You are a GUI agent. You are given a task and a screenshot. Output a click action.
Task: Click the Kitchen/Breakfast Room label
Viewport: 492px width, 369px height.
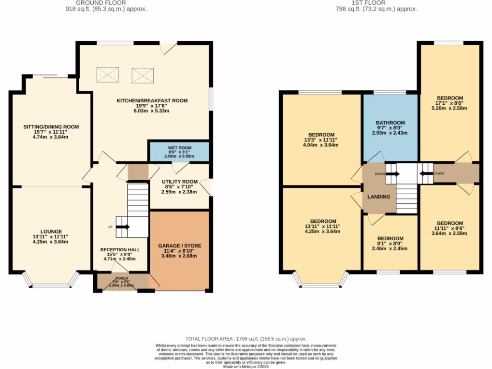152,101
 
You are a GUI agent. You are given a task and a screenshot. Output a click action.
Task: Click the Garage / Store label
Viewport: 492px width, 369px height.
180,246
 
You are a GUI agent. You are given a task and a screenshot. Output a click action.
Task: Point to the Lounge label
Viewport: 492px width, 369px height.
51,232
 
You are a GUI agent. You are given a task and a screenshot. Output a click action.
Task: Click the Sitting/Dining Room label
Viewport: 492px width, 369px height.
51,127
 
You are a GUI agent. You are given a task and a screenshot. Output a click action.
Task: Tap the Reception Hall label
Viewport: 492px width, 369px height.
120,250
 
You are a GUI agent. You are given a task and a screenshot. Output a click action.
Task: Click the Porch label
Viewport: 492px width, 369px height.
121,278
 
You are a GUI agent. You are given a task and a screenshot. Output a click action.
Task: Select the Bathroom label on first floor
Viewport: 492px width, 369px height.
390,123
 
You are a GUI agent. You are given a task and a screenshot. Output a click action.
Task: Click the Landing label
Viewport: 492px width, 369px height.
379,197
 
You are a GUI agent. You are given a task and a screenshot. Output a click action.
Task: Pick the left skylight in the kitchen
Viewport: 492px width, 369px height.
107,74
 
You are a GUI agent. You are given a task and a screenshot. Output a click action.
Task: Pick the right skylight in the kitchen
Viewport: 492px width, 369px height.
142,74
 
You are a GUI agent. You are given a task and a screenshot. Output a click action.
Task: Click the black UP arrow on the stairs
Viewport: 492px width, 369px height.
123,227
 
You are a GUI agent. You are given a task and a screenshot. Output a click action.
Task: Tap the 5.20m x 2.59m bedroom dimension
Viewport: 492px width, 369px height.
450,108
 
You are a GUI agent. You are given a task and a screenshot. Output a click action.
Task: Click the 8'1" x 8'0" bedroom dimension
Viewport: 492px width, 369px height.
390,244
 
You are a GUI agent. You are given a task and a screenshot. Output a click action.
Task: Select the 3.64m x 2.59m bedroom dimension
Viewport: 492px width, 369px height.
450,234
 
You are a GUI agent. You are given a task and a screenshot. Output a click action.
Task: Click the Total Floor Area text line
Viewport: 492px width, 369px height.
246,339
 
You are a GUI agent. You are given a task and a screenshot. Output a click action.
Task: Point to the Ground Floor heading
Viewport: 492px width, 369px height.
106,3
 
